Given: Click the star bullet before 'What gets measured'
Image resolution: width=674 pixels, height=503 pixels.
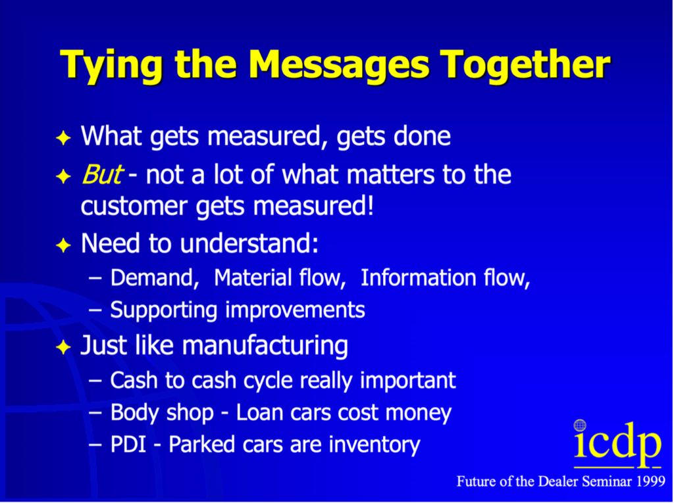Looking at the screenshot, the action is click(63, 138).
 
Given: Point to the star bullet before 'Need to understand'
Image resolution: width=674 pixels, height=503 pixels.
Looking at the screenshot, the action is click(63, 246).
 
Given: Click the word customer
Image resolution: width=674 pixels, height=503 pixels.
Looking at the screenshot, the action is click(134, 207).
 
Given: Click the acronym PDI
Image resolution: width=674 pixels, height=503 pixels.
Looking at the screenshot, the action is click(129, 444).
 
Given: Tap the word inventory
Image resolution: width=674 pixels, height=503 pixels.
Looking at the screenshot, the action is click(374, 445).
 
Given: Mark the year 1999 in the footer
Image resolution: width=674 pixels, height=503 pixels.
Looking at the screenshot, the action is click(651, 481).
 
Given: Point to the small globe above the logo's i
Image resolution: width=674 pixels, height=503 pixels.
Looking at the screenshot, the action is click(580, 425).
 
